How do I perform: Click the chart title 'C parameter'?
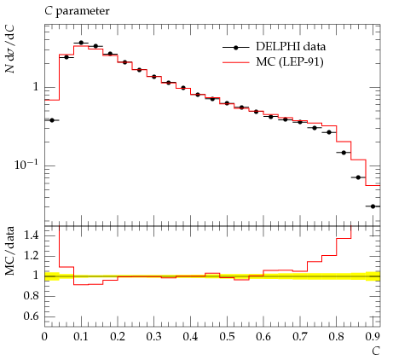pos(77,12)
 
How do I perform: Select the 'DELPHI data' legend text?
pos(291,47)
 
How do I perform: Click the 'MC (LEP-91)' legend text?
pos(290,61)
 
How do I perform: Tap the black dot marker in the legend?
pos(235,48)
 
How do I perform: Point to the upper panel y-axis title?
pos(10,49)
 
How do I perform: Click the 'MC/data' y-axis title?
pos(10,251)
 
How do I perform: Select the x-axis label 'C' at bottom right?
pos(376,351)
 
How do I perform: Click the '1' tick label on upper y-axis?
pos(36,87)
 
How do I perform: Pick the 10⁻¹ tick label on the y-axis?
pos(26,165)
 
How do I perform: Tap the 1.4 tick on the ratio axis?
pos(31,235)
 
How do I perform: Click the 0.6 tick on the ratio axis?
pos(31,316)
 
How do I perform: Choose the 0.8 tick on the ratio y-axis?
pos(31,296)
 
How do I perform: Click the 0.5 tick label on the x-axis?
pos(227,337)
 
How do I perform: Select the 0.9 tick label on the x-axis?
pos(373,337)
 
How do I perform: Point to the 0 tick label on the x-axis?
pos(44,337)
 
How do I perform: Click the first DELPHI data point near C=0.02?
pos(52,120)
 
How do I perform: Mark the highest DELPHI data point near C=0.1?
pos(81,43)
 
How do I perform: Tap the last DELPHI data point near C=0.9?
pos(373,206)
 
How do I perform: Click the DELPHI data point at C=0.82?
pos(344,153)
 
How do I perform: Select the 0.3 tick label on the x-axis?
pos(154,337)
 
